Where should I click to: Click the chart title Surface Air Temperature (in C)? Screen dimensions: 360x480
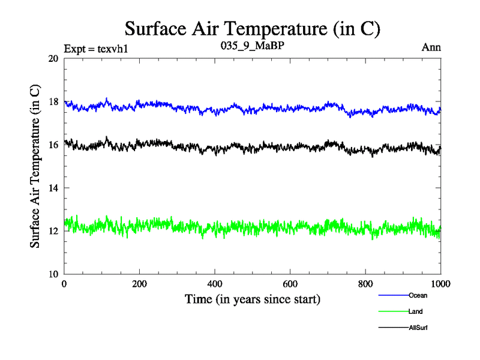click(x=253, y=28)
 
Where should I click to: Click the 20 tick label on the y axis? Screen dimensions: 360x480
click(x=53, y=59)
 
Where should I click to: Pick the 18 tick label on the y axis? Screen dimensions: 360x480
click(x=53, y=102)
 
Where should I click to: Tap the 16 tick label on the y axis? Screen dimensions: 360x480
click(x=53, y=145)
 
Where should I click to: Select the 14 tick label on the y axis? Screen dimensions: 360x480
click(x=53, y=188)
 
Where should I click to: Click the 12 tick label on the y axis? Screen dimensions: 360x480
click(x=53, y=232)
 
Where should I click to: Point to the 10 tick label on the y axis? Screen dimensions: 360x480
click(x=53, y=274)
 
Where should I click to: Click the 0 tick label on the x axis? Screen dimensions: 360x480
click(x=64, y=285)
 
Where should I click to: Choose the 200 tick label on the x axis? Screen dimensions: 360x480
click(x=139, y=285)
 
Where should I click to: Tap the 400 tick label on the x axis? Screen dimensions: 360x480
click(x=215, y=285)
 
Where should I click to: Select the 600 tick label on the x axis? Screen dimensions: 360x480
click(x=290, y=285)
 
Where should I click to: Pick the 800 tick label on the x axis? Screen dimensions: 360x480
click(x=365, y=285)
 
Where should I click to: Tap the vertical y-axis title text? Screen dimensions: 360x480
click(x=35, y=166)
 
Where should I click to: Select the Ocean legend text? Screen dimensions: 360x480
click(x=418, y=295)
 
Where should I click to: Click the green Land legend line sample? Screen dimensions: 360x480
click(x=393, y=311)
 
